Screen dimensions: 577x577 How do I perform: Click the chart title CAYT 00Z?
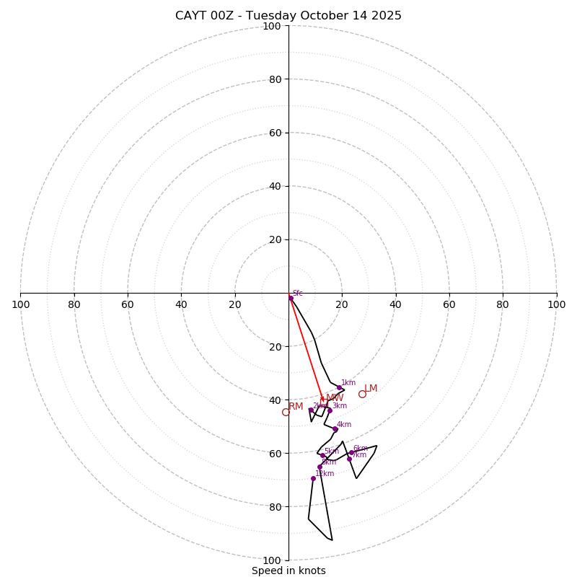[288, 16]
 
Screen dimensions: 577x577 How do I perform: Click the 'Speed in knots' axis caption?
[288, 571]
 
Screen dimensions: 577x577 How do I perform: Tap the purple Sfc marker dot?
[291, 298]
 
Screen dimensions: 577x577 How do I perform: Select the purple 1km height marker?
[339, 387]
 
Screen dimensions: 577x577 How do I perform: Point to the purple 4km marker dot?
[335, 429]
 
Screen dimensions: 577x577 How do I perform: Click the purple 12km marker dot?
[313, 478]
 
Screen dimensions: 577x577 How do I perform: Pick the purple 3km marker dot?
[330, 410]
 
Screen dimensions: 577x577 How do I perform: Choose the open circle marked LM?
[362, 394]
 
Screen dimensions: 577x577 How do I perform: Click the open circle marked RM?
[286, 412]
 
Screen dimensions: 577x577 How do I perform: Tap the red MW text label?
[335, 398]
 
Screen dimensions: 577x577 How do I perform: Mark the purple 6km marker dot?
[351, 453]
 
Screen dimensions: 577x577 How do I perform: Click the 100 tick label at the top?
[272, 26]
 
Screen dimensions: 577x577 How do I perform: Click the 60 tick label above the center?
[275, 133]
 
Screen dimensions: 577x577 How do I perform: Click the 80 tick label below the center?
[275, 507]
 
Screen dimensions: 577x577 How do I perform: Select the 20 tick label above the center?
[275, 239]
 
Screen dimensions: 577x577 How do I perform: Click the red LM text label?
[371, 389]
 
